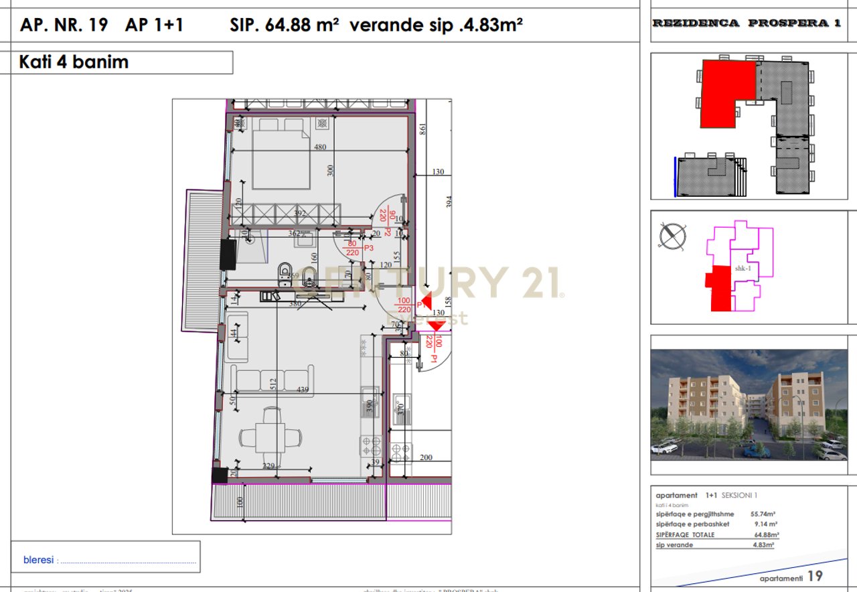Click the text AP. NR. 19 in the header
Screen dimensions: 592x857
pos(64,25)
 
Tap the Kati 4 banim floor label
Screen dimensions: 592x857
pos(74,62)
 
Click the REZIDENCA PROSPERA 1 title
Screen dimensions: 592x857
pos(747,23)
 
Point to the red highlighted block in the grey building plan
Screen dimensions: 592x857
pos(726,90)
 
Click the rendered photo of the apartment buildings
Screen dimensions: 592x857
pos(749,404)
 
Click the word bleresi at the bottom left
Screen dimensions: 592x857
pos(39,560)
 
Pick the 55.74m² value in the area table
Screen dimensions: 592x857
pos(763,514)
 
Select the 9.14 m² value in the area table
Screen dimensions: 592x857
pos(764,524)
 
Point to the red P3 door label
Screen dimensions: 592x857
pos(370,248)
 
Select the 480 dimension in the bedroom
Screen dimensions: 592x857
pos(320,148)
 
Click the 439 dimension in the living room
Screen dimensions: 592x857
pos(303,390)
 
